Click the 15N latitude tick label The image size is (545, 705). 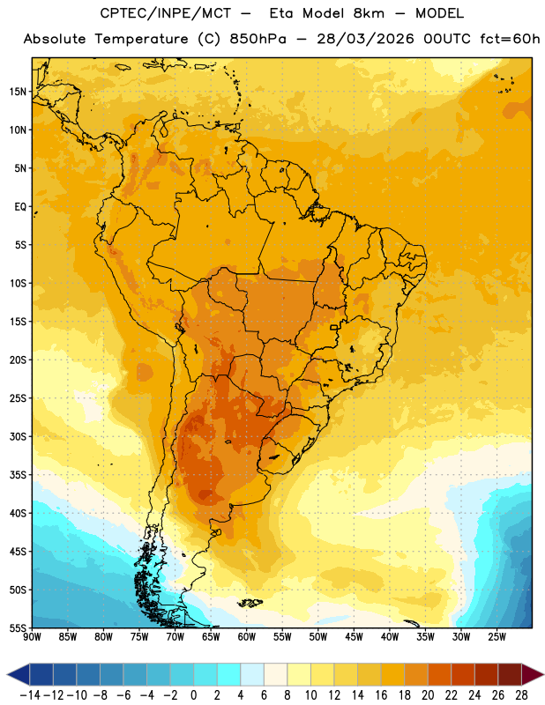(x=18, y=92)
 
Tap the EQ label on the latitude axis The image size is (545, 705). (x=20, y=207)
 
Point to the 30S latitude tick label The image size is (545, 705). (x=18, y=436)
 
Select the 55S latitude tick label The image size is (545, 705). (x=18, y=628)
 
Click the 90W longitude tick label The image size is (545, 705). (x=32, y=636)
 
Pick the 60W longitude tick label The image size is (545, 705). (x=247, y=636)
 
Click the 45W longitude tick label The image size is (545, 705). (x=355, y=636)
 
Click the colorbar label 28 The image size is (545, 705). (x=521, y=695)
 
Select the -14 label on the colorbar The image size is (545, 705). (x=30, y=695)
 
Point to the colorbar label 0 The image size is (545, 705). (x=193, y=695)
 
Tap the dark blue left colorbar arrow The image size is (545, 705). (x=18, y=674)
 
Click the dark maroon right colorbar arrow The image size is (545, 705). (x=533, y=674)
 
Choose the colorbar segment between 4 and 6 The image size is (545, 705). (x=252, y=674)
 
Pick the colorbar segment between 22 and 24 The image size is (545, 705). (x=463, y=674)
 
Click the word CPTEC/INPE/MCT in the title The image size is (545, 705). (x=165, y=13)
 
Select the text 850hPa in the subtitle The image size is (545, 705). (x=258, y=39)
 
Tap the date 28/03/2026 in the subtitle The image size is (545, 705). (x=365, y=39)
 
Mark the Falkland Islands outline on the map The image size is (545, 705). (x=250, y=603)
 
